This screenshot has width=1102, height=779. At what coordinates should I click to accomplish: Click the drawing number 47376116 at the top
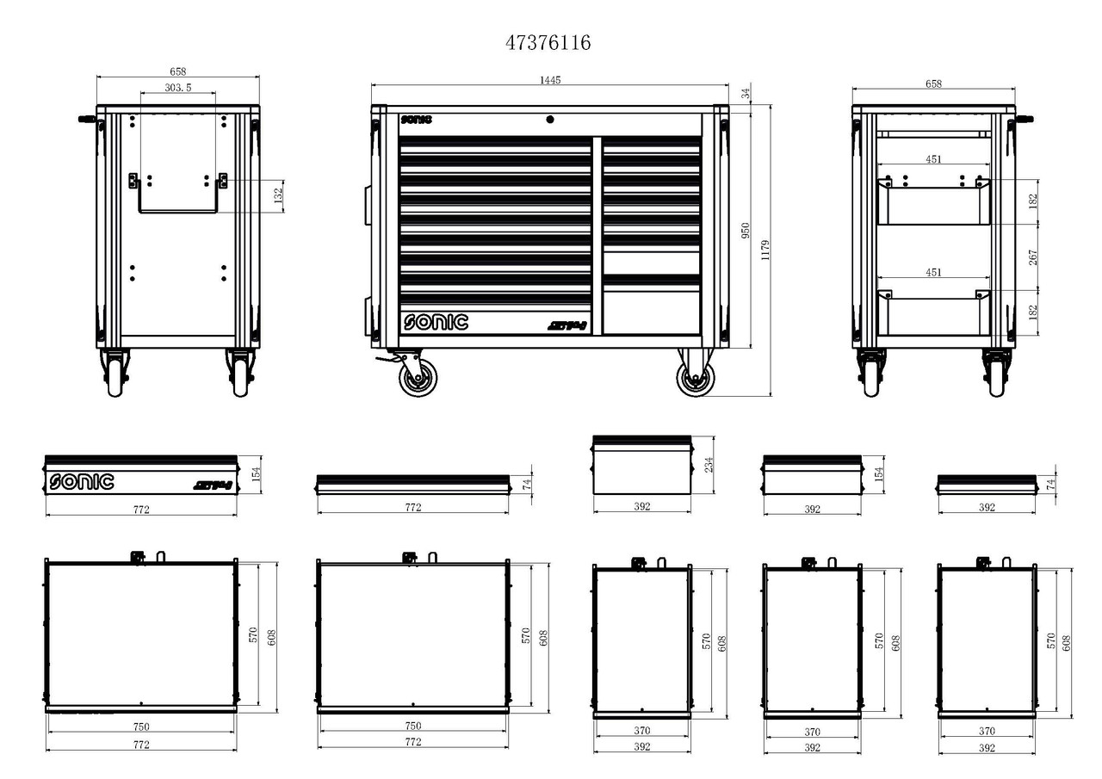click(x=548, y=43)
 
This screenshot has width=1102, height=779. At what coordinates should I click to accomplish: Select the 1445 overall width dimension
click(x=550, y=80)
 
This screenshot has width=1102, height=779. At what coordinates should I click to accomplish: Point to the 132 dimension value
click(x=278, y=196)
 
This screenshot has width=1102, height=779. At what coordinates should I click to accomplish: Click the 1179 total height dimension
click(x=765, y=250)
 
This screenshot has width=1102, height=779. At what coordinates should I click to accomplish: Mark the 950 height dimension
click(x=746, y=231)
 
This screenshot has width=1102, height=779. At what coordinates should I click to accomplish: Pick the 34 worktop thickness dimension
click(x=746, y=93)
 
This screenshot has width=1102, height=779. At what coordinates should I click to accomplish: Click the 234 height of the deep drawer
click(x=708, y=465)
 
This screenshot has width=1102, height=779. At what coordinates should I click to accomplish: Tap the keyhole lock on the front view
click(x=551, y=120)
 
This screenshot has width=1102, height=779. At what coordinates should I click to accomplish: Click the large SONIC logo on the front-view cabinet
click(x=436, y=322)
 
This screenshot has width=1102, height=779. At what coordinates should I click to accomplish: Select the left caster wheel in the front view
click(x=418, y=377)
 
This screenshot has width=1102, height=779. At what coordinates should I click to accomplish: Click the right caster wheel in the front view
click(x=695, y=377)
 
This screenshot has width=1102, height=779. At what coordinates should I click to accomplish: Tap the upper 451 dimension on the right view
click(x=933, y=159)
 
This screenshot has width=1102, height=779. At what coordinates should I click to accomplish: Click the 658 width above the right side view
click(x=933, y=83)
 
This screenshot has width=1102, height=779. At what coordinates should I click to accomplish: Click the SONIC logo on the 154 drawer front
click(x=81, y=482)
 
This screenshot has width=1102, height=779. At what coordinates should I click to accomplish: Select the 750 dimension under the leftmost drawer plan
click(x=140, y=726)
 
